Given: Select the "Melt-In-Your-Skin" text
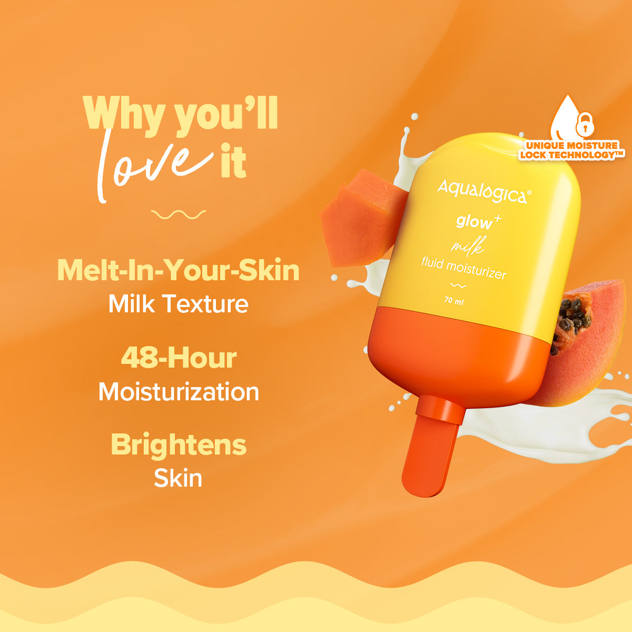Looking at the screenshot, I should coord(178,270).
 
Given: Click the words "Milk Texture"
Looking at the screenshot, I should coord(178,304).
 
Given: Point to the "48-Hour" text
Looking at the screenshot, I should coord(179,358).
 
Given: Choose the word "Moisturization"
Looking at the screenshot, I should coord(179,392).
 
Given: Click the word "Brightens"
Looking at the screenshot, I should coord(179,445).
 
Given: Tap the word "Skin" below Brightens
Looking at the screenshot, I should coord(178,478).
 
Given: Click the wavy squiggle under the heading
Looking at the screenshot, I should coord(178,214).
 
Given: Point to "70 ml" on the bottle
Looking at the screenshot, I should coord(454,301).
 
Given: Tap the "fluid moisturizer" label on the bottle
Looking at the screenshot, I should coord(463,268).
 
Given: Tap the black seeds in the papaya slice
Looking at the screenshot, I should coord(573,316).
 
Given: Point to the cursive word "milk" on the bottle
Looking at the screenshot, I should coord(468,245).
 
